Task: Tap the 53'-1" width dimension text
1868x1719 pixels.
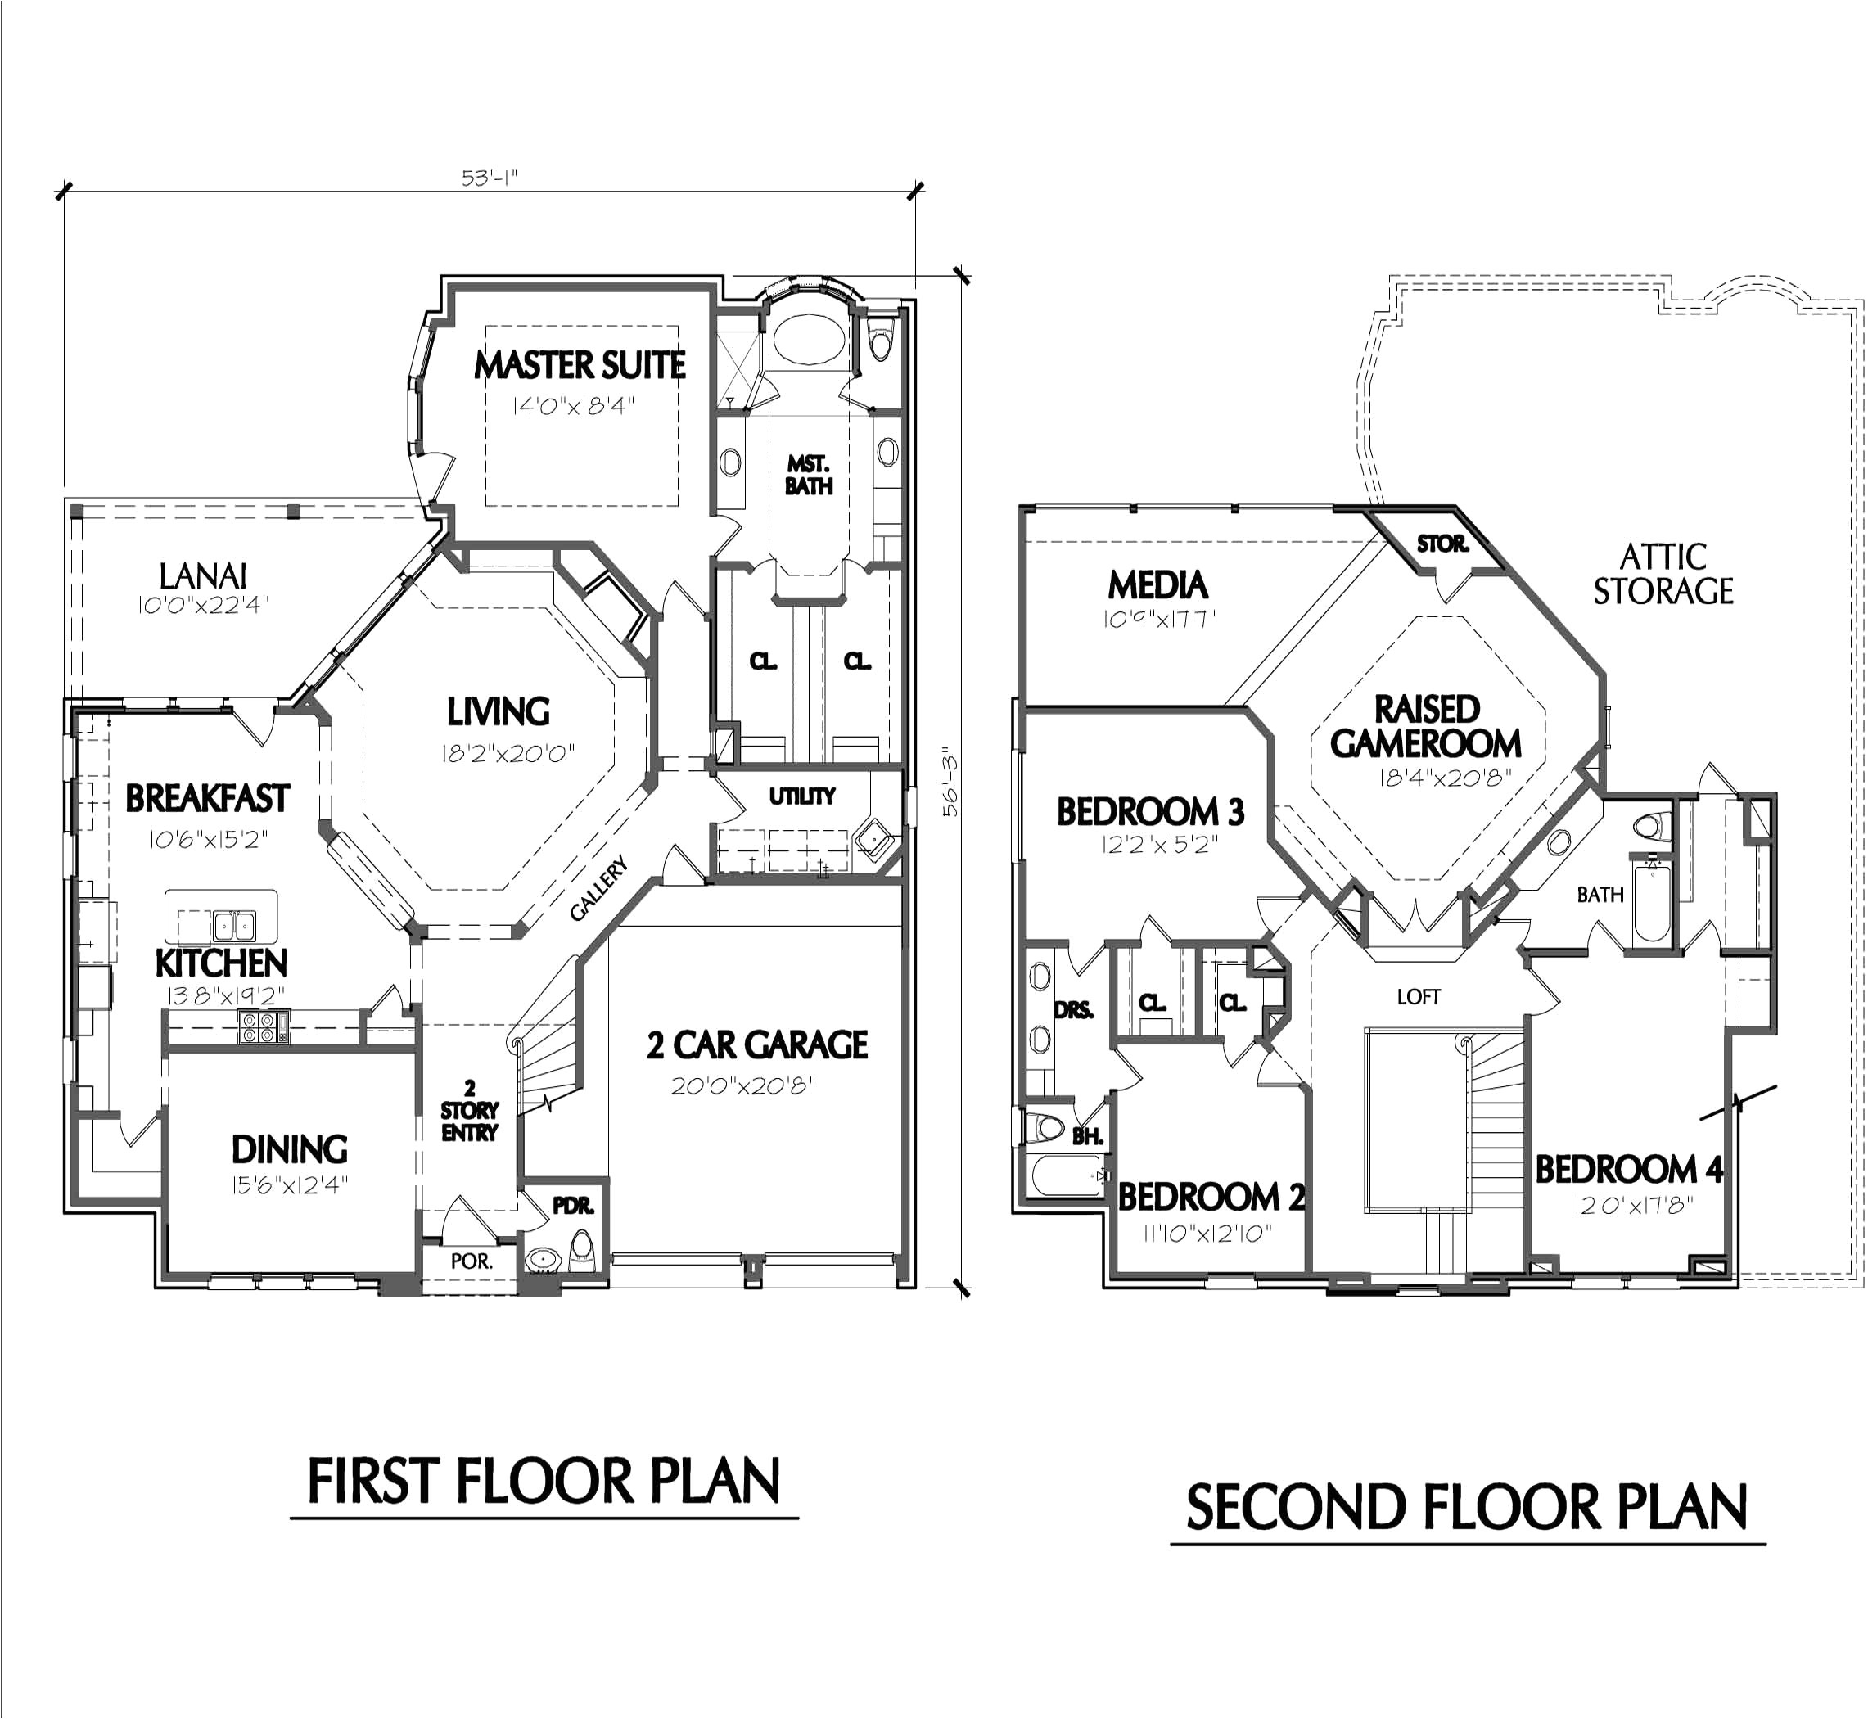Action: [489, 177]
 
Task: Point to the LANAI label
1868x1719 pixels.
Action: [203, 577]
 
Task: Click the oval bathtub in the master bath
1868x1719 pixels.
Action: [809, 339]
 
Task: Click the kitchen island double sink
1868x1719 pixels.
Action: [233, 926]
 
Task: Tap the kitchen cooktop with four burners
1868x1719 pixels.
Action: [264, 1027]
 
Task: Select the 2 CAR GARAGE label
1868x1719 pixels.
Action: [757, 1044]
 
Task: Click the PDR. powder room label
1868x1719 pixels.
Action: [573, 1206]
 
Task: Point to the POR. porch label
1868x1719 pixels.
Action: [471, 1261]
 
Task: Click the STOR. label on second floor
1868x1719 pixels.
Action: [1442, 544]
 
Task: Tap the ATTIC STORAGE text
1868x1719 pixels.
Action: [1663, 574]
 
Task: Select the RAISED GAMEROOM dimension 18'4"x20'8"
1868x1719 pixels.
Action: [1445, 778]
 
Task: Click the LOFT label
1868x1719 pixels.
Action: [1418, 997]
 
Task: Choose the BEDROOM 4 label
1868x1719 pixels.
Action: [1629, 1169]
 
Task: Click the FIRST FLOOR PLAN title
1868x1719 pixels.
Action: [544, 1482]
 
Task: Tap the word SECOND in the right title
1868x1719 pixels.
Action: [1294, 1509]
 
